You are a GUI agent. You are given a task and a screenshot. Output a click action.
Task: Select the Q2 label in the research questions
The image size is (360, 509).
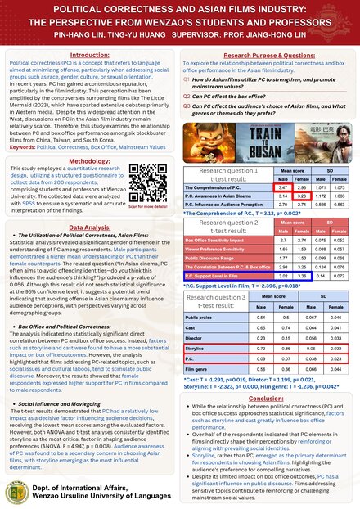(187, 95)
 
